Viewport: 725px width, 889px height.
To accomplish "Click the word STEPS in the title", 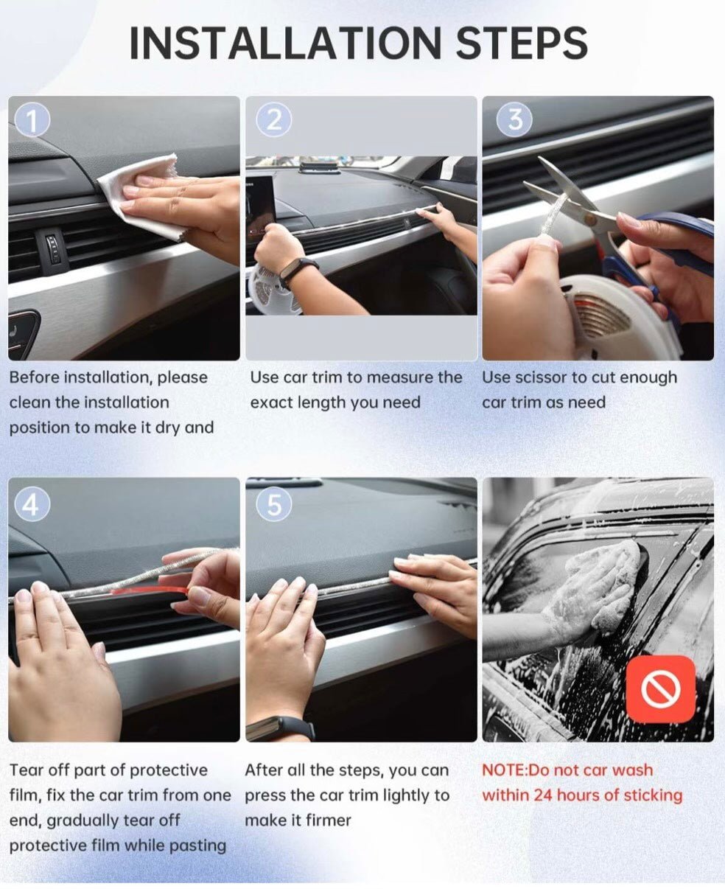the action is (x=522, y=43).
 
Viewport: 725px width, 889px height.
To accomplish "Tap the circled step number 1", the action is (x=32, y=119).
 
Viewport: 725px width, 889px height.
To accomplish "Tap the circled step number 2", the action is (x=274, y=119).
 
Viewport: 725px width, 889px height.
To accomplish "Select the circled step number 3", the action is (x=514, y=119).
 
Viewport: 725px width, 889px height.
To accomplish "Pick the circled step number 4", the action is (x=32, y=503).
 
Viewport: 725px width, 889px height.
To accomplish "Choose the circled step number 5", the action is (x=274, y=503).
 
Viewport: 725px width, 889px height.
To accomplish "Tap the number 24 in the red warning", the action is (x=542, y=795).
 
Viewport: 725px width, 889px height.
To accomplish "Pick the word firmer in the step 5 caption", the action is (x=329, y=820).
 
